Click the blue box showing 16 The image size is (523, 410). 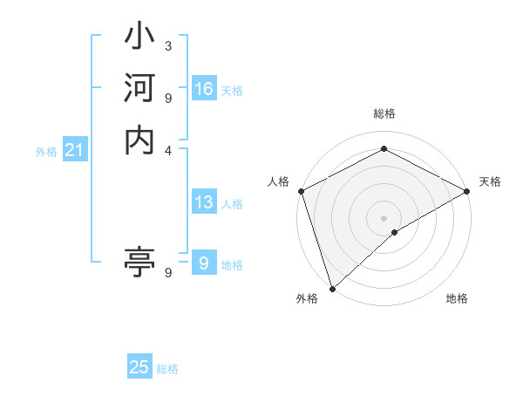pyautogui.click(x=204, y=89)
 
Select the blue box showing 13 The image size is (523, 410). pyautogui.click(x=204, y=202)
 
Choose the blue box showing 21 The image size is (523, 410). pyautogui.click(x=75, y=151)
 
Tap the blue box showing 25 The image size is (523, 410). pyautogui.click(x=139, y=367)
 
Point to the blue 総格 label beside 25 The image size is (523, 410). pyautogui.click(x=167, y=369)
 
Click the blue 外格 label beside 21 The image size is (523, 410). pyautogui.click(x=46, y=152)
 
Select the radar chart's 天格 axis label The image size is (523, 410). pyautogui.click(x=490, y=181)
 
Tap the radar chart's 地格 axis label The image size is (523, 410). pyautogui.click(x=457, y=299)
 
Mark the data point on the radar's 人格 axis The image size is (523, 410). pyautogui.click(x=300, y=190)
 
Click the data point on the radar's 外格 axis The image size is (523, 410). pyautogui.click(x=332, y=288)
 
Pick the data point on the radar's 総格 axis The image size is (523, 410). pyautogui.click(x=384, y=149)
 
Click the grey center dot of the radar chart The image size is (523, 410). pyautogui.click(x=384, y=217)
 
